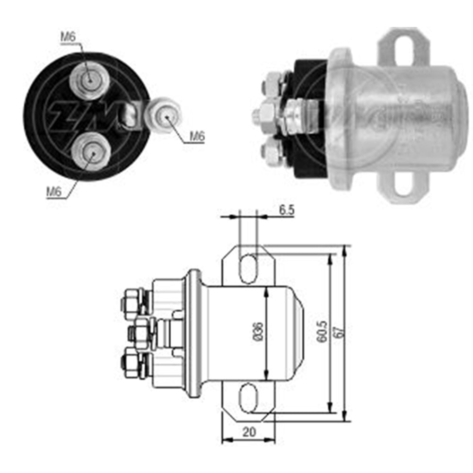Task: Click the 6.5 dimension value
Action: pos(286,210)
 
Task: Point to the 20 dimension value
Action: pos(249,432)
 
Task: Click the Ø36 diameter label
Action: pos(258,331)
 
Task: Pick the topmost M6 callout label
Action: pos(68,37)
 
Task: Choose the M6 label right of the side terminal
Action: pos(197,136)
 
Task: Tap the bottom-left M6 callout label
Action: pos(54,192)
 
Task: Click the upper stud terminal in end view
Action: pos(89,80)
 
